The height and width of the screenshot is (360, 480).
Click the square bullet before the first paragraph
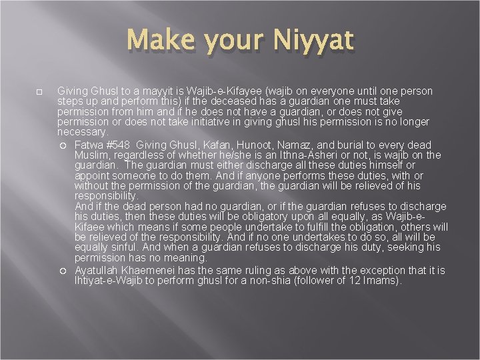[x=40, y=91]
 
